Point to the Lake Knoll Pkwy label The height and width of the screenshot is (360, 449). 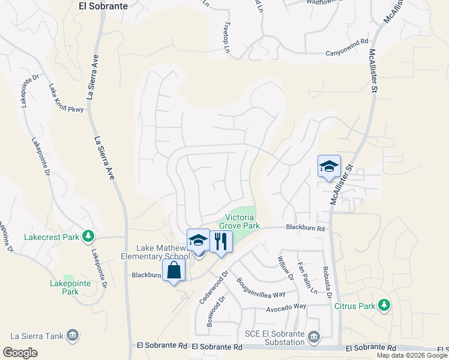[66, 98]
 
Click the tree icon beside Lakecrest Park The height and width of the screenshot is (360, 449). [89, 236]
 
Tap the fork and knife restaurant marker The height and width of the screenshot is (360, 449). [221, 241]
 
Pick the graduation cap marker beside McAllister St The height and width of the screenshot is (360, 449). [329, 166]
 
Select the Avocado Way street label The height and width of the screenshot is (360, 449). [286, 307]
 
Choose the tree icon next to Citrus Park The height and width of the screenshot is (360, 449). [384, 306]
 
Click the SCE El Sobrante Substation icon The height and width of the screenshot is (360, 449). [313, 338]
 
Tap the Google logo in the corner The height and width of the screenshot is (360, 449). [20, 353]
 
